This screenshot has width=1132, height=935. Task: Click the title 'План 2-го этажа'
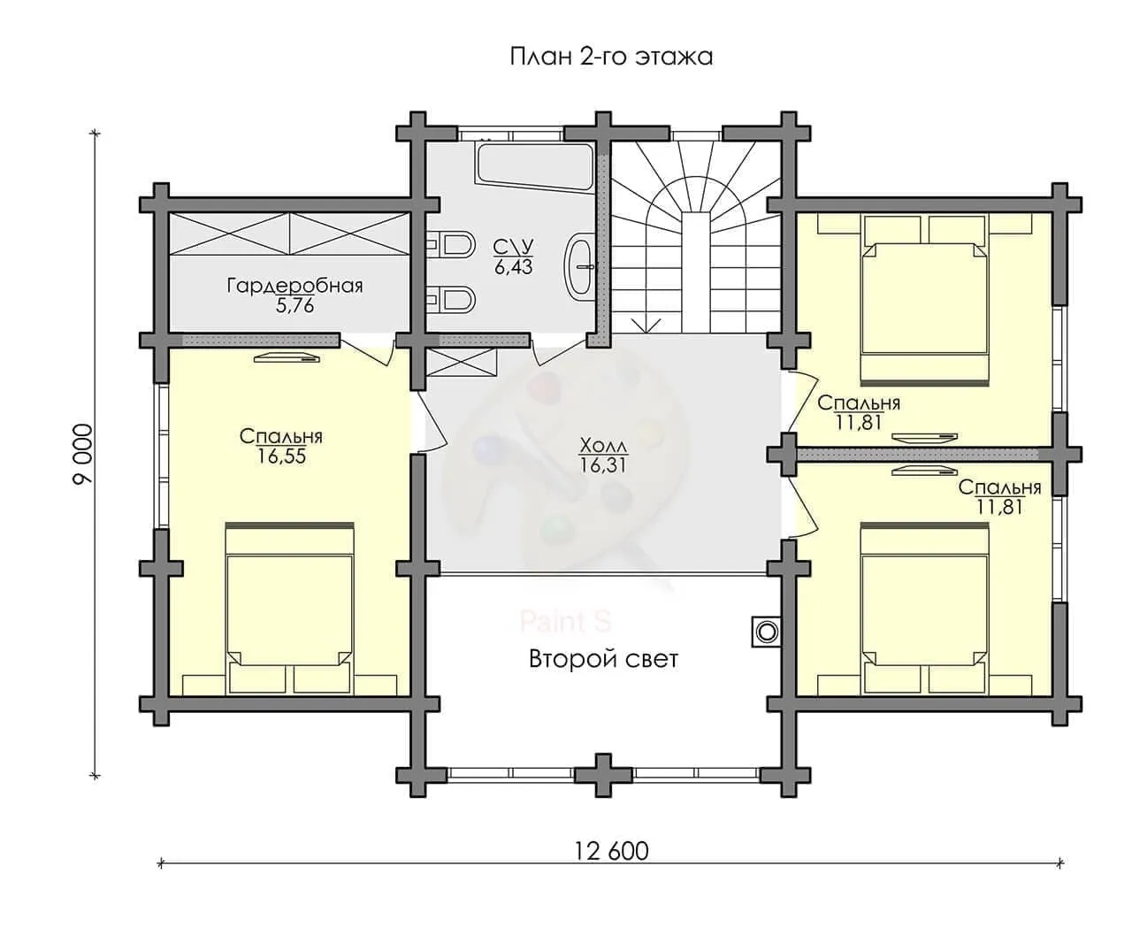click(x=611, y=57)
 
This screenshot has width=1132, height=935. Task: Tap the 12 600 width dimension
click(x=611, y=851)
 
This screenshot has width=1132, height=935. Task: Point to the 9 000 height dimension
click(x=83, y=454)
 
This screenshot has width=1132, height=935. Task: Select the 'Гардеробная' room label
click(x=294, y=286)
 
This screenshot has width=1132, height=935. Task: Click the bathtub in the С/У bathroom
click(x=535, y=167)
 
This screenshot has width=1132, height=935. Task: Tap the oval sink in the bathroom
click(x=579, y=266)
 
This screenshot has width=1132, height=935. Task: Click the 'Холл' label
click(x=603, y=446)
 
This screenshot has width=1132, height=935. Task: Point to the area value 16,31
click(x=603, y=464)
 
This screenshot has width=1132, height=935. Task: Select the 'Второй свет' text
click(x=603, y=660)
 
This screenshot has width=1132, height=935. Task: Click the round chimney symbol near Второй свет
click(x=767, y=632)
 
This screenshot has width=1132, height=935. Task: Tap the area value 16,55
click(x=282, y=456)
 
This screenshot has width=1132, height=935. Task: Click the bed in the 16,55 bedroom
click(x=289, y=608)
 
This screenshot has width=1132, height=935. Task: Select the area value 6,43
click(x=514, y=267)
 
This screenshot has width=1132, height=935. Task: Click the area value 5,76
click(x=294, y=306)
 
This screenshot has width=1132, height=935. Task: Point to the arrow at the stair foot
click(x=646, y=326)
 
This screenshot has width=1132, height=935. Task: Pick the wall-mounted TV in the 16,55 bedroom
click(x=287, y=357)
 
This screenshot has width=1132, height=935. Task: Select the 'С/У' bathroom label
click(x=514, y=247)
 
